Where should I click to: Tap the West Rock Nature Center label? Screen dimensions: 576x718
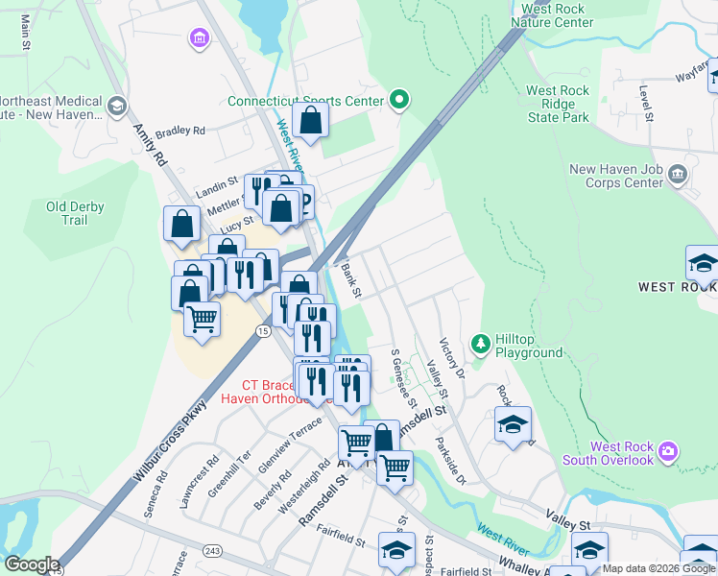[552, 14]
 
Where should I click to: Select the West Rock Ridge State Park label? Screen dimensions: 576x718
[558, 104]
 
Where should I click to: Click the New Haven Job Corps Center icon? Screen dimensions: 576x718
[678, 174]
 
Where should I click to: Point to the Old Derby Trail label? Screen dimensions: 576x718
[74, 213]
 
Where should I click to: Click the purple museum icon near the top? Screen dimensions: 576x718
[199, 38]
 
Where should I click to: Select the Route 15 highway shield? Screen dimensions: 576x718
[262, 331]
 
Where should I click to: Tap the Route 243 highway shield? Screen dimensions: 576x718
[212, 550]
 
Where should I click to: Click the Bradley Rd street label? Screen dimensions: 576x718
[181, 131]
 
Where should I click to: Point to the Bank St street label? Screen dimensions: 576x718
[350, 279]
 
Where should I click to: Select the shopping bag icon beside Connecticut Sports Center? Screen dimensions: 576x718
[310, 121]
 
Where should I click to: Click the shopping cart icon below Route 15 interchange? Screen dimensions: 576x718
[202, 319]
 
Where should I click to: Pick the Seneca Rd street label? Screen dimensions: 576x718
[155, 493]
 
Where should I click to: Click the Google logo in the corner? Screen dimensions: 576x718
[32, 564]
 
